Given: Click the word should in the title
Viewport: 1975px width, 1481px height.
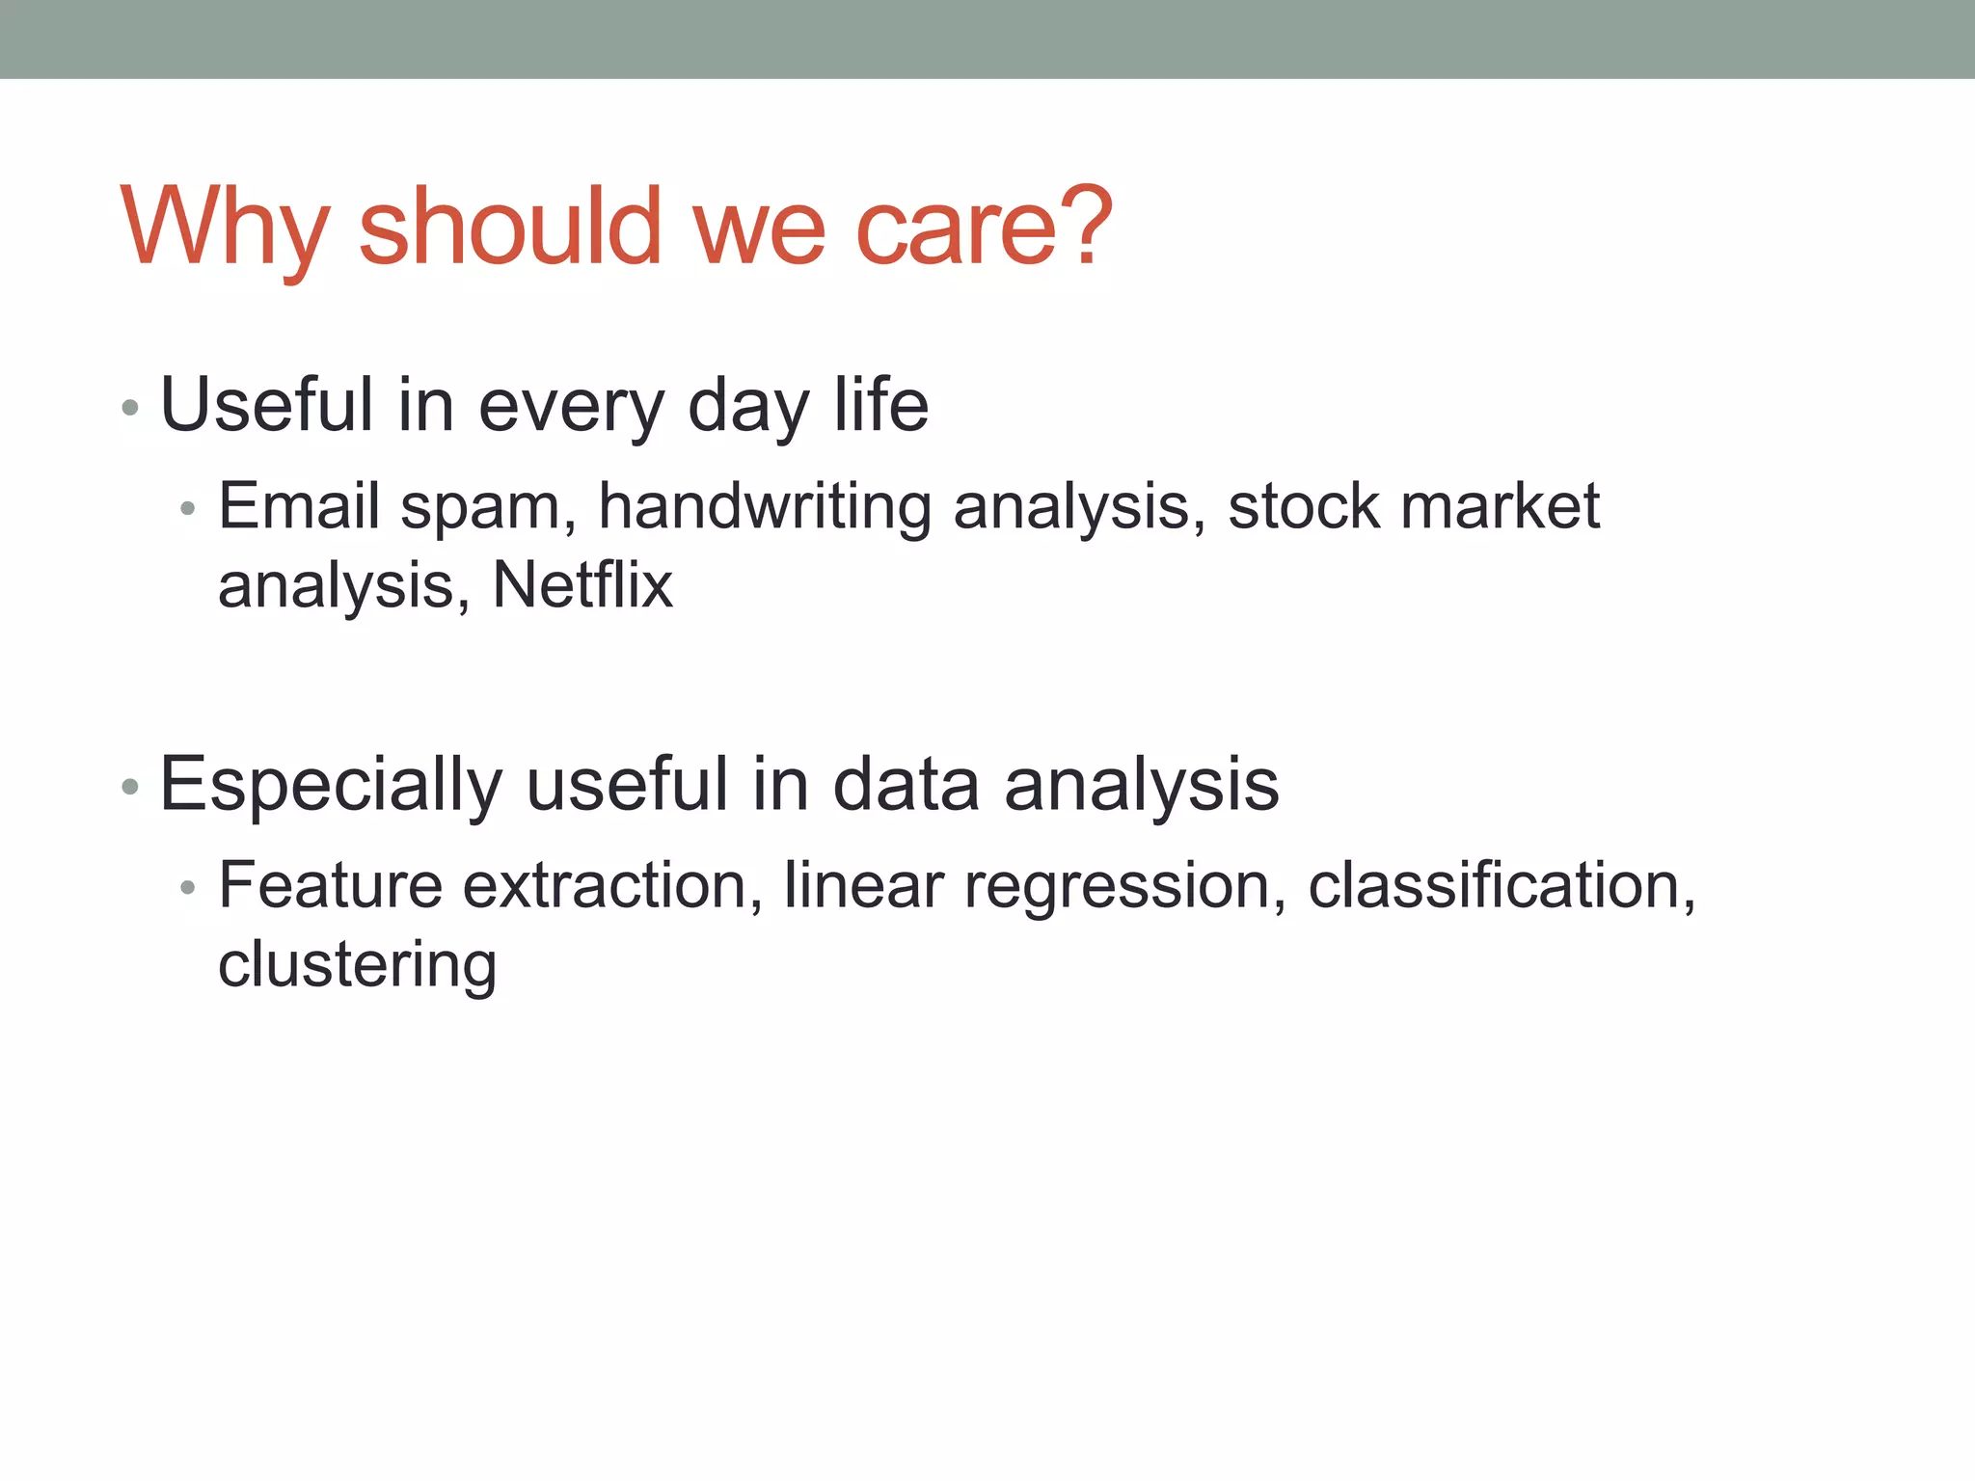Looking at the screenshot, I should pos(509,227).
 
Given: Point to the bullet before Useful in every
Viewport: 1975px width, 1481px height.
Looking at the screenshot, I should pos(131,409).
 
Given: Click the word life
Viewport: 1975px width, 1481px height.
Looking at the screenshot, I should pos(880,405).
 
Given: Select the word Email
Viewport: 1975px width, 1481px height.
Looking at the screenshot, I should pos(299,505).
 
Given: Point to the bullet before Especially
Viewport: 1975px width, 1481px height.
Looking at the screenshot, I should pos(131,788).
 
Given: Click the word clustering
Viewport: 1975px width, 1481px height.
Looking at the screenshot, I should pos(358,964).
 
